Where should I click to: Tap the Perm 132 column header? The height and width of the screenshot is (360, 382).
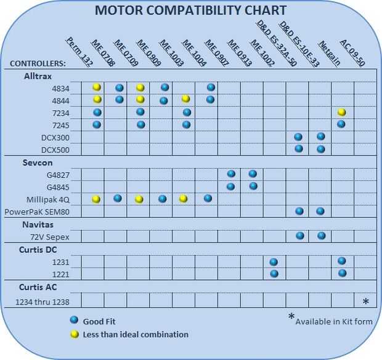click(x=75, y=52)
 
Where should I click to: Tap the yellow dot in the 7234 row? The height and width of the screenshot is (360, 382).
click(x=342, y=112)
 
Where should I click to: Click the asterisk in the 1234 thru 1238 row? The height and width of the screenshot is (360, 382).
click(x=365, y=302)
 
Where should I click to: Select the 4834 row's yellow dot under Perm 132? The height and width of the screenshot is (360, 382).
click(x=97, y=87)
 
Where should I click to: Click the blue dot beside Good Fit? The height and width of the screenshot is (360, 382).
click(x=74, y=321)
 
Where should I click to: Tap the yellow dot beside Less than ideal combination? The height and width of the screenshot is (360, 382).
click(x=74, y=334)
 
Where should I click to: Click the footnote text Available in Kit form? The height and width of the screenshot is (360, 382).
click(x=333, y=322)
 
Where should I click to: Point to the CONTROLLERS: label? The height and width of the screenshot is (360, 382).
click(x=38, y=63)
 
